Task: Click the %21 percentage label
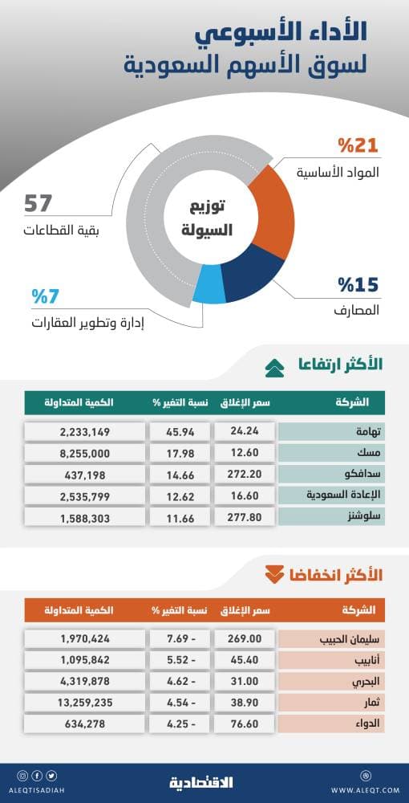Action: click(x=357, y=145)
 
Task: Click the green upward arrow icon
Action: click(x=274, y=367)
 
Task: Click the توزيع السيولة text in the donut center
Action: click(x=208, y=218)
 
